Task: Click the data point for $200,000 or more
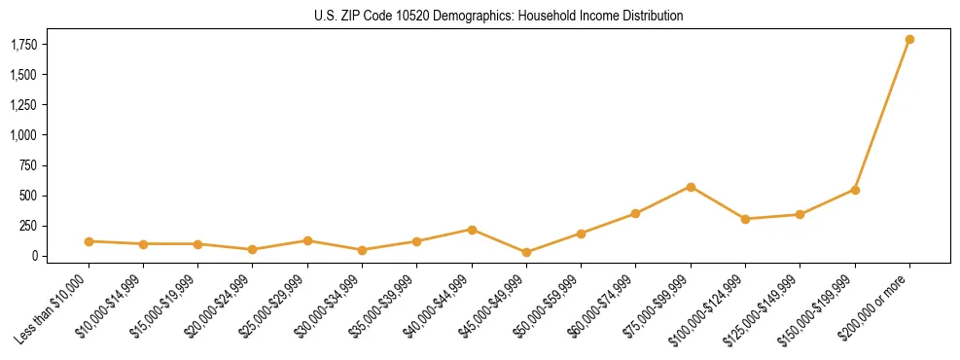pos(909,40)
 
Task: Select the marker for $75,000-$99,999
pos(691,187)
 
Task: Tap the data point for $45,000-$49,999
pos(526,252)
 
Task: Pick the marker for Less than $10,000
pos(89,241)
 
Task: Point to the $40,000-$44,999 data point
pos(472,230)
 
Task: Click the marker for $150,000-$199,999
pos(855,190)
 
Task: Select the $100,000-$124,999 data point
pos(745,219)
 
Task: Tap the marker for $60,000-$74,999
pos(635,213)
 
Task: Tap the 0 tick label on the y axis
pos(34,256)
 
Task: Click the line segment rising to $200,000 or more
pos(882,115)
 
